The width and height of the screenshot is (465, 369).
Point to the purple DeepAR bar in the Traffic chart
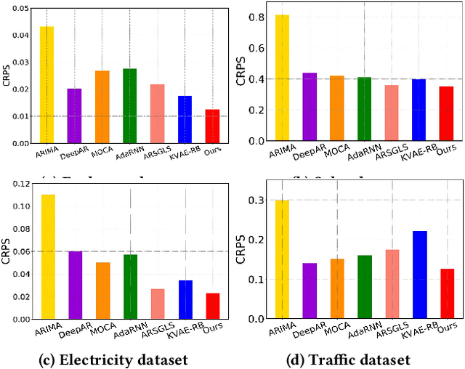(x=310, y=291)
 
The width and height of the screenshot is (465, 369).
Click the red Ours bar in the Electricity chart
(x=213, y=306)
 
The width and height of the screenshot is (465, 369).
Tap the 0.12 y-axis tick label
(x=20, y=184)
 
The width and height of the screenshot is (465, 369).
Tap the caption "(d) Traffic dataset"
(x=349, y=360)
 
